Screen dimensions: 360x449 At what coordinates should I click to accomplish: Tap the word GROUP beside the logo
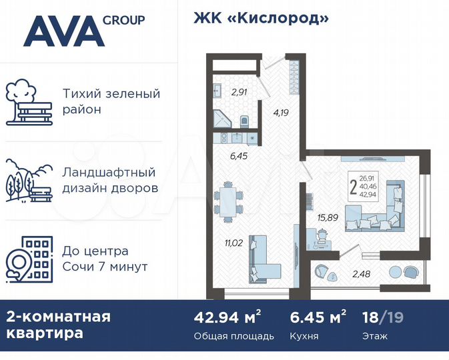point(123,20)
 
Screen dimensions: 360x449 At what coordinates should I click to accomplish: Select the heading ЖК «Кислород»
point(261,18)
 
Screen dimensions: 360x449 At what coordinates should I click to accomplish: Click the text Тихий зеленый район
point(111,101)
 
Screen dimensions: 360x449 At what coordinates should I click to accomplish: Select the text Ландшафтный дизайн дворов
point(110,180)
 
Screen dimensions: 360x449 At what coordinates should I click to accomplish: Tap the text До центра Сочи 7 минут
point(105,259)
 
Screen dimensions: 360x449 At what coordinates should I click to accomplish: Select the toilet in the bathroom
point(244,121)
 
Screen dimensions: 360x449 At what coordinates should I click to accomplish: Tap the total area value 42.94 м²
point(226,317)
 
